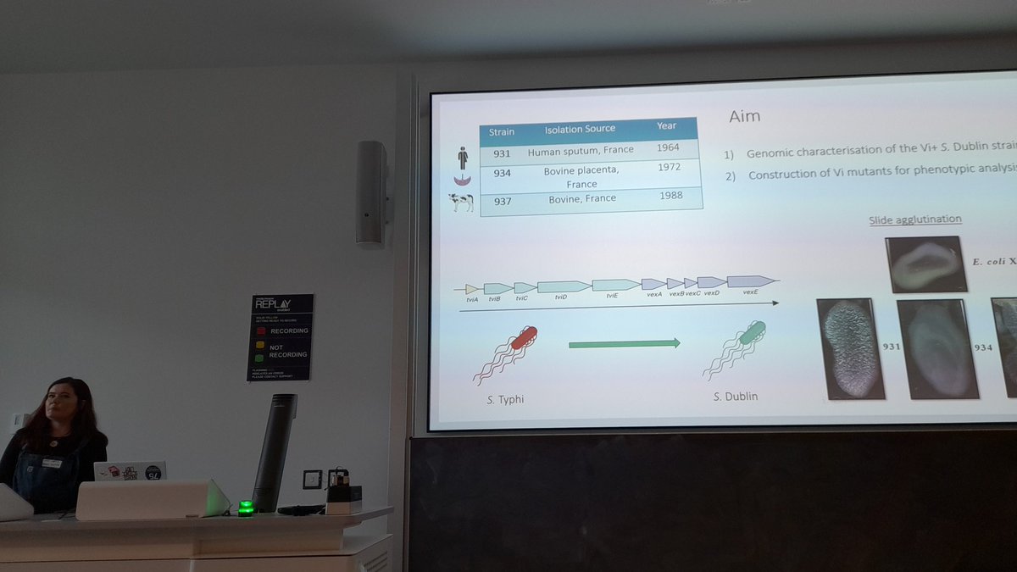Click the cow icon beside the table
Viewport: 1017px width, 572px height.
point(461,203)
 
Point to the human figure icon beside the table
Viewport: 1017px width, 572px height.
point(462,158)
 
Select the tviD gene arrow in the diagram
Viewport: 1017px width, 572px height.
point(563,286)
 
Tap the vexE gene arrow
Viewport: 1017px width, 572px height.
point(751,281)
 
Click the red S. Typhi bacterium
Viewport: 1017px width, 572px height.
point(523,338)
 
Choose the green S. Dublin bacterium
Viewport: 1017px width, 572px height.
point(752,333)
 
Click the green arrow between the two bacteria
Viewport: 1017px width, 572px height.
point(624,343)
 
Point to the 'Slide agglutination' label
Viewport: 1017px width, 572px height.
point(914,220)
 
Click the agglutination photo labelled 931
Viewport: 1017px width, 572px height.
point(850,347)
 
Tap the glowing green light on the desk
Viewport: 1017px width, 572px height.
point(246,508)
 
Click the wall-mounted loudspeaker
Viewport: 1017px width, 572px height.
point(371,192)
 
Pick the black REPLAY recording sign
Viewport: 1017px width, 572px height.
point(280,336)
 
